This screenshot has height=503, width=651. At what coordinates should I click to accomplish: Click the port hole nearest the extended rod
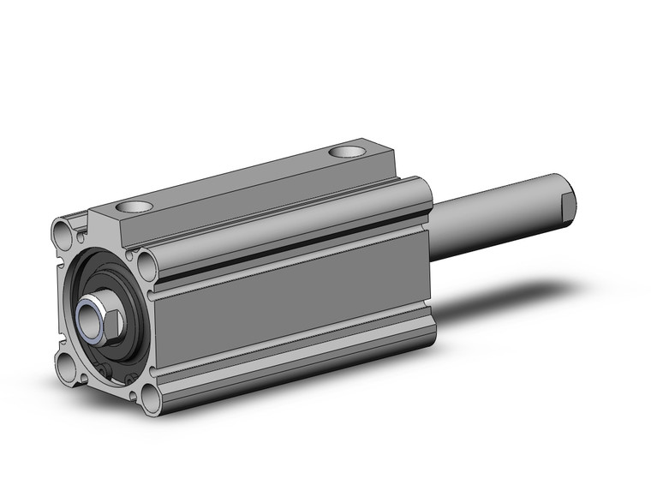347,153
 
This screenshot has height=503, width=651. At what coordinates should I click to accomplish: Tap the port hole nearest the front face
135,207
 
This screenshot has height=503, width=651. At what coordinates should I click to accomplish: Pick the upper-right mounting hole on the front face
145,260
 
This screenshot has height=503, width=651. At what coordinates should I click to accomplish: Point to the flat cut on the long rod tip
567,203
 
